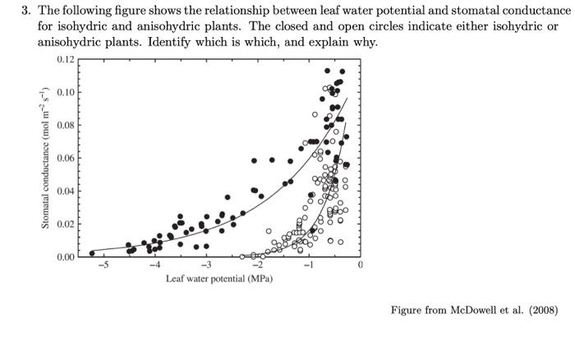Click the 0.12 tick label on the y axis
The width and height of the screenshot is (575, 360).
(66, 59)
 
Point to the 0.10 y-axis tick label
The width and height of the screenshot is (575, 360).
(66, 92)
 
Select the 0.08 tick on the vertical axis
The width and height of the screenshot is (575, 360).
(66, 125)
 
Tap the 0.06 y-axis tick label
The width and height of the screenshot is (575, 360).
(66, 158)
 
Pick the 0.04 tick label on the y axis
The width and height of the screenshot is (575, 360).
(66, 192)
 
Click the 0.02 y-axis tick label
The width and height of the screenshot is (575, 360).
(66, 224)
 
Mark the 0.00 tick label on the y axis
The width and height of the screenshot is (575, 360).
(66, 257)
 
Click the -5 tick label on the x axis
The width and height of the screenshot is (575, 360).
(103, 265)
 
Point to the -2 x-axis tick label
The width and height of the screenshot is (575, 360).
(257, 265)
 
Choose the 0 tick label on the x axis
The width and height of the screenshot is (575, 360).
(359, 265)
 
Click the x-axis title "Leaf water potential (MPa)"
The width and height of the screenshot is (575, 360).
(219, 279)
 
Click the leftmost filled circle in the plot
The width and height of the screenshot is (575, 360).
(92, 253)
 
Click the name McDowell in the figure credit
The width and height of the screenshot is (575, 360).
(485, 310)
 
